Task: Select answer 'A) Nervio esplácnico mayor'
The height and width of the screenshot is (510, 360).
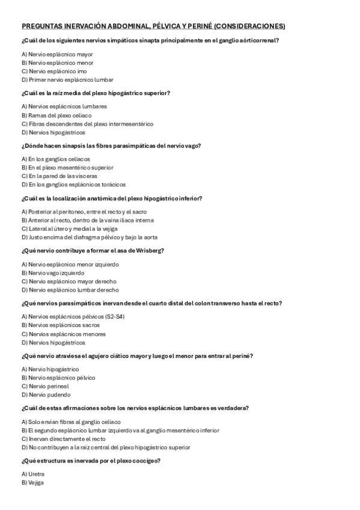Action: pos(57,54)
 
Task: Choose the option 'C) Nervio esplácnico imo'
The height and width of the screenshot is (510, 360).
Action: pos(54,71)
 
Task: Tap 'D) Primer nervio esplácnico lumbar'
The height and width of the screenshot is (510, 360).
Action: pos(67,79)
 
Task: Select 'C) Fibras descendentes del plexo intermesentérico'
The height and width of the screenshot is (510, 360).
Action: pos(87,124)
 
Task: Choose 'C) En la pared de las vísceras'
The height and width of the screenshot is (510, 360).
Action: pos(59,176)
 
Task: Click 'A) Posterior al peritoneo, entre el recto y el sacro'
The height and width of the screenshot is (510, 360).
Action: pos(84,212)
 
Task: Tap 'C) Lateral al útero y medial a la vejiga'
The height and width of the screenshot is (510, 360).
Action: pos(69,229)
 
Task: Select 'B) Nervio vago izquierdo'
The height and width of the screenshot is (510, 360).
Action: pos(55,272)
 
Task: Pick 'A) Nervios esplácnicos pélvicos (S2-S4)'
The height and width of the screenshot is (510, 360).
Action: pos(73,316)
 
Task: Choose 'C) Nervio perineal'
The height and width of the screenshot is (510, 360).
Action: pos(45,386)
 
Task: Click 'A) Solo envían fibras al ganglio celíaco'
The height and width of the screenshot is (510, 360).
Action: pos(71,422)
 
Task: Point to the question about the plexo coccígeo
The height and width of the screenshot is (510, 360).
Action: pos(90,461)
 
